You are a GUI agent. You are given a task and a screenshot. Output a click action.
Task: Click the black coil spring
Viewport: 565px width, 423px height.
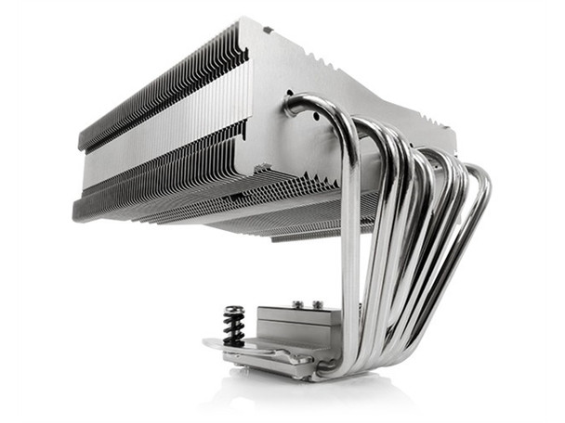pyautogui.click(x=233, y=329)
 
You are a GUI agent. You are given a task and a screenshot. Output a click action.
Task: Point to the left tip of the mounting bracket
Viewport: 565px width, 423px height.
pyautogui.click(x=206, y=345)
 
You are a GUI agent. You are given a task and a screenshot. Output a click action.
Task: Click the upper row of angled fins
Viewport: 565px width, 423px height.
pyautogui.click(x=158, y=93)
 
